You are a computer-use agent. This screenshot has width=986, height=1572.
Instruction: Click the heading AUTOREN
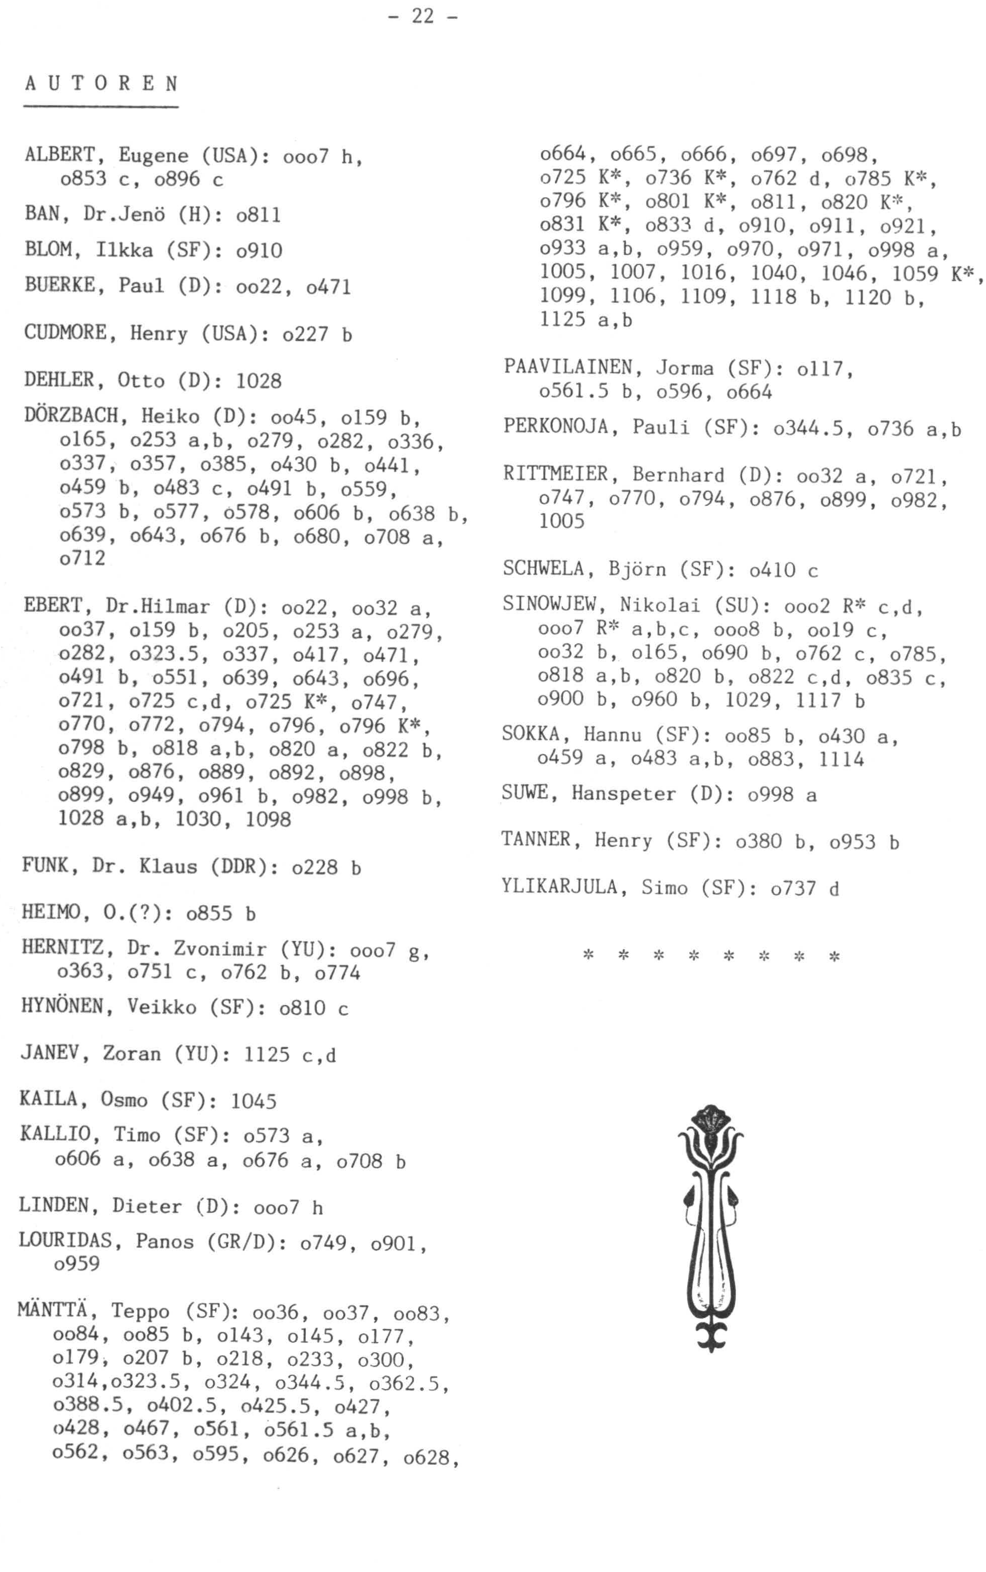[x=101, y=84]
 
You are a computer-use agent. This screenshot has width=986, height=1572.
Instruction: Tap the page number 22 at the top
[x=422, y=15]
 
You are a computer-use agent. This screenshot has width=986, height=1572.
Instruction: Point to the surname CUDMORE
[x=65, y=333]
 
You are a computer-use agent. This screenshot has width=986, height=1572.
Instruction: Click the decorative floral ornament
[x=711, y=1228]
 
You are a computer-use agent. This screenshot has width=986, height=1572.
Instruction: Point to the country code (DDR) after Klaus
[x=242, y=867]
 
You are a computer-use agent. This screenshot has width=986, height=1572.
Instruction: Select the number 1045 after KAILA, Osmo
[x=253, y=1101]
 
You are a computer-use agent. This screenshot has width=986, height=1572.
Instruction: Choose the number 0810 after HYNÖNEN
[x=302, y=1008]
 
